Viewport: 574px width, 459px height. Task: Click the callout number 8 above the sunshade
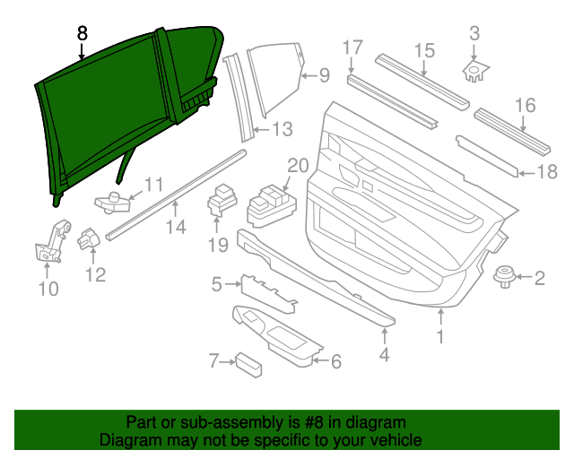pyautogui.click(x=83, y=33)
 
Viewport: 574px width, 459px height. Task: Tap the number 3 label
pyautogui.click(x=475, y=34)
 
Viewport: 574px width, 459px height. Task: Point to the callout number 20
pyautogui.click(x=297, y=165)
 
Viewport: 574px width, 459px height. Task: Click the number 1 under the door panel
pyautogui.click(x=440, y=337)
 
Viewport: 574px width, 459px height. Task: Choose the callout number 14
pyautogui.click(x=175, y=227)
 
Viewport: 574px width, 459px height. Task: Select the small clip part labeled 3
pyautogui.click(x=474, y=69)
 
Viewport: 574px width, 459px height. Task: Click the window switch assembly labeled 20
pyautogui.click(x=268, y=203)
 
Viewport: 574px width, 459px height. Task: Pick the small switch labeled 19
pyautogui.click(x=220, y=201)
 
